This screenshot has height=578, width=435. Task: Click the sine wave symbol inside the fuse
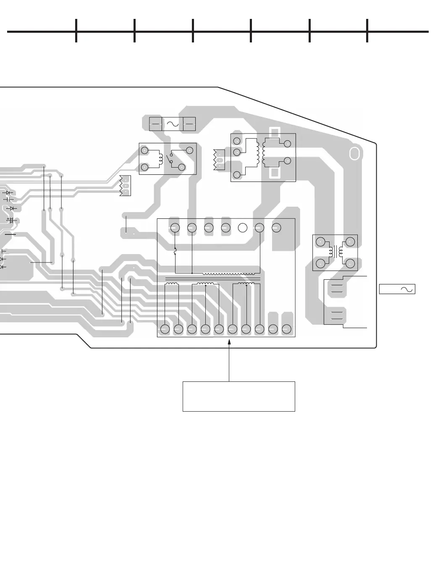[173, 124]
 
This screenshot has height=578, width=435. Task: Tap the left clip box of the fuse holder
[155, 124]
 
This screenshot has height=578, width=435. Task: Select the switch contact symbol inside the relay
[170, 158]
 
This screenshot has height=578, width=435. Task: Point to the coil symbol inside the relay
[160, 158]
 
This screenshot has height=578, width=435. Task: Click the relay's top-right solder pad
[189, 150]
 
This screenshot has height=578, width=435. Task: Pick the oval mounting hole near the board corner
[354, 154]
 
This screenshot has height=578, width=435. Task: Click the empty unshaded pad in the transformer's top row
[242, 228]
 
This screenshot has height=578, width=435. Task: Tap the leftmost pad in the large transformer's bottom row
[165, 329]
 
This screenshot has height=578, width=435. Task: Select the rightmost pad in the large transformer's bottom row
[287, 329]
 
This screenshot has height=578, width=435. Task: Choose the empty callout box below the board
[238, 396]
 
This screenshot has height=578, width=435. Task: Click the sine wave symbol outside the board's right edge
[406, 289]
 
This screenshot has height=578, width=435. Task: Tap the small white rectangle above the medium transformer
[275, 131]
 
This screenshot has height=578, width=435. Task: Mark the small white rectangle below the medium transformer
[275, 173]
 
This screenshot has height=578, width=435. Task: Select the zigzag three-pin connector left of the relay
[125, 185]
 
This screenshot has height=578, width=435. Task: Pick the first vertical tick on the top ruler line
[76, 31]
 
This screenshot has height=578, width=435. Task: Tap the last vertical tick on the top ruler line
[367, 31]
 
